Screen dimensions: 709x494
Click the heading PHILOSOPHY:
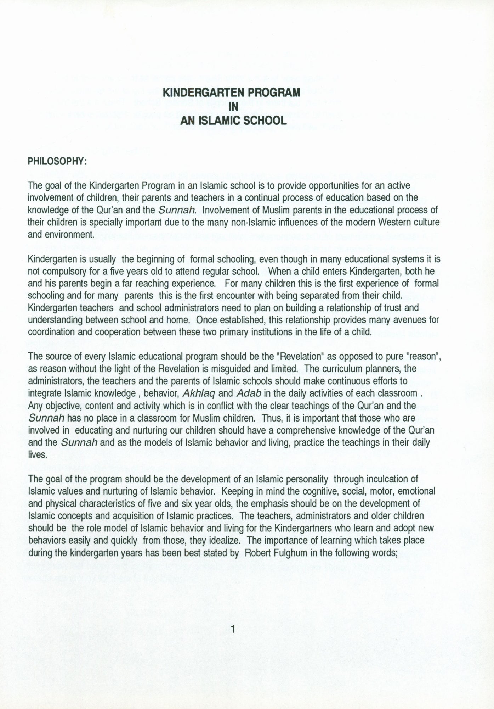click(x=57, y=161)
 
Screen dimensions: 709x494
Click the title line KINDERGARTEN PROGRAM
click(x=232, y=93)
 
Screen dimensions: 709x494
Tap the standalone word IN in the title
click(x=233, y=107)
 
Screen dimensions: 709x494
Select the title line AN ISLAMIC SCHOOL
click(x=233, y=121)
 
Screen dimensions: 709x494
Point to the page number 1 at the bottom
click(x=233, y=629)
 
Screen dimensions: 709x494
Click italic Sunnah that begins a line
click(x=46, y=418)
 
